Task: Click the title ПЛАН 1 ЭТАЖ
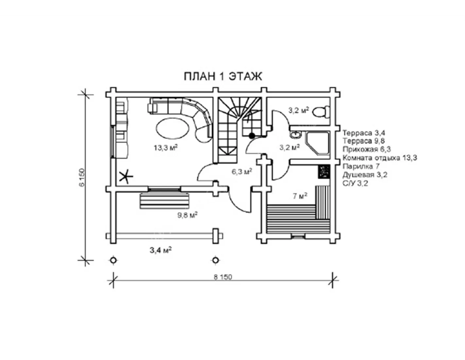click(223, 77)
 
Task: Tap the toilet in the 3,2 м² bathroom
click(320, 111)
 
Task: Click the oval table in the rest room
click(172, 129)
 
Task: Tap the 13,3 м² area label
click(166, 148)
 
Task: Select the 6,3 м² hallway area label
click(241, 171)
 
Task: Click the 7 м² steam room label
click(300, 196)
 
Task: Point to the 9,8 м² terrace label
click(187, 215)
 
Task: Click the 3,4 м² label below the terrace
click(161, 250)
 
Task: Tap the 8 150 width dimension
click(223, 277)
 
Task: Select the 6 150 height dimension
click(82, 177)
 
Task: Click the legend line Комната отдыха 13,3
click(380, 158)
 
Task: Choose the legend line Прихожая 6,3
click(367, 150)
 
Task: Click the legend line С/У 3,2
click(355, 183)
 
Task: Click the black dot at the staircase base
click(252, 135)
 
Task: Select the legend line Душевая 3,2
click(365, 175)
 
